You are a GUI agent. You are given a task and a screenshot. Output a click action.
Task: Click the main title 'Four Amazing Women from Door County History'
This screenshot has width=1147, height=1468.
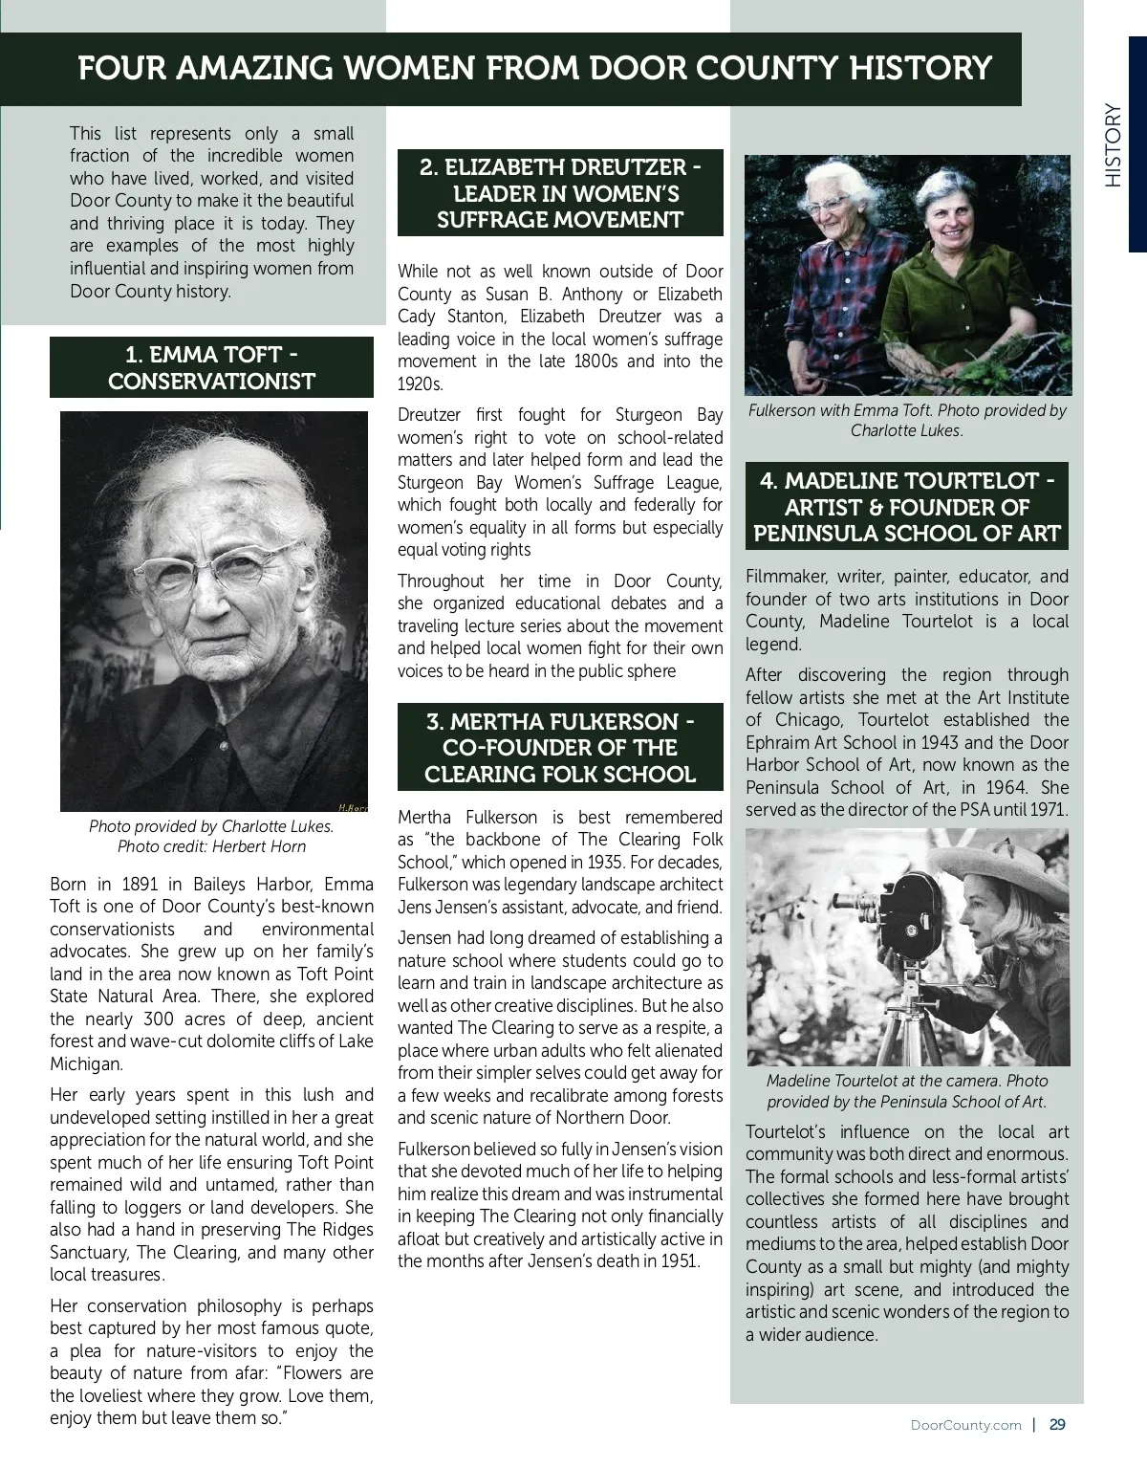coord(534,68)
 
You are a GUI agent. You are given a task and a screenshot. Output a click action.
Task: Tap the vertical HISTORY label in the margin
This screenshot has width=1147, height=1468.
coord(1113,145)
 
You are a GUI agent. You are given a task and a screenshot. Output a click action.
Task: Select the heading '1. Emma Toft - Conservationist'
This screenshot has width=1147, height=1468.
coord(211,368)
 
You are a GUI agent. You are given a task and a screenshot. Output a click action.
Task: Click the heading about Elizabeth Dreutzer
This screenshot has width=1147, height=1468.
coord(560,193)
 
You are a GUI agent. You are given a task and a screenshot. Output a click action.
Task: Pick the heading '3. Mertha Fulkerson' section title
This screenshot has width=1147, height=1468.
coord(560,748)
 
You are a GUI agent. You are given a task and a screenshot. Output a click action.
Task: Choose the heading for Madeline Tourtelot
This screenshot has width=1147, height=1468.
coord(907,507)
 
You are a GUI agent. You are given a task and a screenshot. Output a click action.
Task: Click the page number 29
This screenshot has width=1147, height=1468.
coord(1057,1424)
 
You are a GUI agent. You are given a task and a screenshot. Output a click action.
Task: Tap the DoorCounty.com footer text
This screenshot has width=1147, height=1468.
coord(966,1425)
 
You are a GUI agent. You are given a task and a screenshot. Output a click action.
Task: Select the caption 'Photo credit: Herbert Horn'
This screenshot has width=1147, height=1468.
coord(211,846)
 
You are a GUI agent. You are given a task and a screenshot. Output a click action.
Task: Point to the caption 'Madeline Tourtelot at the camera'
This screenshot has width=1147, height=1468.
coord(907,1081)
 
